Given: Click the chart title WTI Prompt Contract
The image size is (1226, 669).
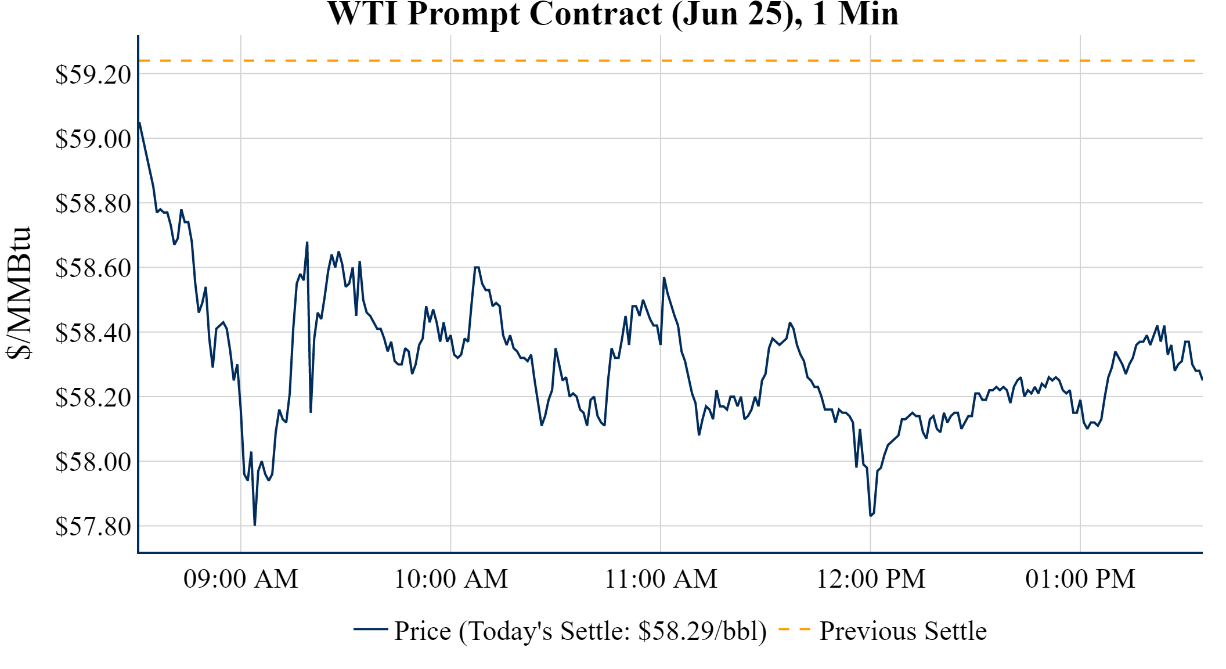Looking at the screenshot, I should [613, 14].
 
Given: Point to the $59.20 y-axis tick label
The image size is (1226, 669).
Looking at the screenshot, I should [93, 74].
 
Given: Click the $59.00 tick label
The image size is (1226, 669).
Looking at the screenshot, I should [93, 139].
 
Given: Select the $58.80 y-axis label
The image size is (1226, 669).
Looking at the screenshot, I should [93, 204].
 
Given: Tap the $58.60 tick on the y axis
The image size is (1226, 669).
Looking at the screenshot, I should [93, 268].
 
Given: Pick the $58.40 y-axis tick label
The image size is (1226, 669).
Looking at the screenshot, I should [93, 333].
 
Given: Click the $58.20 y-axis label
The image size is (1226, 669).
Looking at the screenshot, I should [93, 398].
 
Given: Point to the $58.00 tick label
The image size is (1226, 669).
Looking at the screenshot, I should [93, 462].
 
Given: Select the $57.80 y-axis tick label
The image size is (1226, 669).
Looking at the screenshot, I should [93, 527].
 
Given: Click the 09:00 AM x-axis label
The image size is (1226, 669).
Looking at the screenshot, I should [241, 579].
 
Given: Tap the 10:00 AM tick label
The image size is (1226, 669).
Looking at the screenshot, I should [451, 579].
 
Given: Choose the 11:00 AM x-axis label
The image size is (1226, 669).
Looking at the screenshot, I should [661, 579].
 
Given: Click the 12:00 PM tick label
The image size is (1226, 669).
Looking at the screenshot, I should [871, 579].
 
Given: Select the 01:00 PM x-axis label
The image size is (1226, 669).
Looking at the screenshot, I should [1080, 579].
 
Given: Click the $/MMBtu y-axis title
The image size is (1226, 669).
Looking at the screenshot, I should [19, 293].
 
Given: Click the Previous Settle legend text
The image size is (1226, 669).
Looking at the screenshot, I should [903, 631].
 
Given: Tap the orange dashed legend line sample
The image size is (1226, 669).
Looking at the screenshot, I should [794, 629].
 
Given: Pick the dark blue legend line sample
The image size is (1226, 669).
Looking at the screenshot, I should [370, 629].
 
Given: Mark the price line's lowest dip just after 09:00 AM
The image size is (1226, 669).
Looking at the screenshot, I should [255, 524].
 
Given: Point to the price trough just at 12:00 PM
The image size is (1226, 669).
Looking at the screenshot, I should [871, 515].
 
